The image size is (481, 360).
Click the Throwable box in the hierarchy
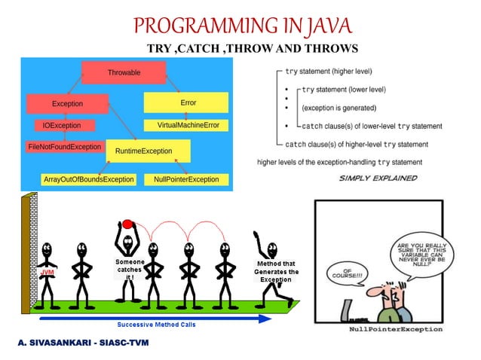point(123,72)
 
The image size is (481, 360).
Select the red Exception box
point(67,103)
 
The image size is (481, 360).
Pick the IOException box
point(63,125)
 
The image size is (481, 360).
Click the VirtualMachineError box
point(188,124)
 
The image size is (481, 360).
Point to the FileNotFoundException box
point(64,146)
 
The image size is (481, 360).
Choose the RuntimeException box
point(147,151)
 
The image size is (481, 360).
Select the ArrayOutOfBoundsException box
point(88,179)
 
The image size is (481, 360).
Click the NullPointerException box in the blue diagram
point(186,179)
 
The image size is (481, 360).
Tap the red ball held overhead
point(127,223)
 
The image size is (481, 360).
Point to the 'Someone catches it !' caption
point(129,269)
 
